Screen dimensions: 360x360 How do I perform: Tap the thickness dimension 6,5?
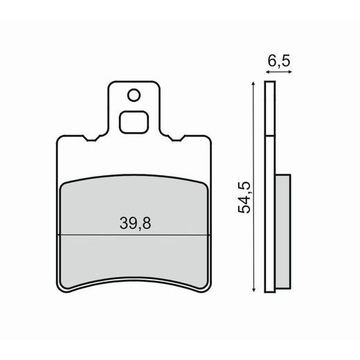point(277,62)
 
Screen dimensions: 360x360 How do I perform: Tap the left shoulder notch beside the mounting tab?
point(87,139)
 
